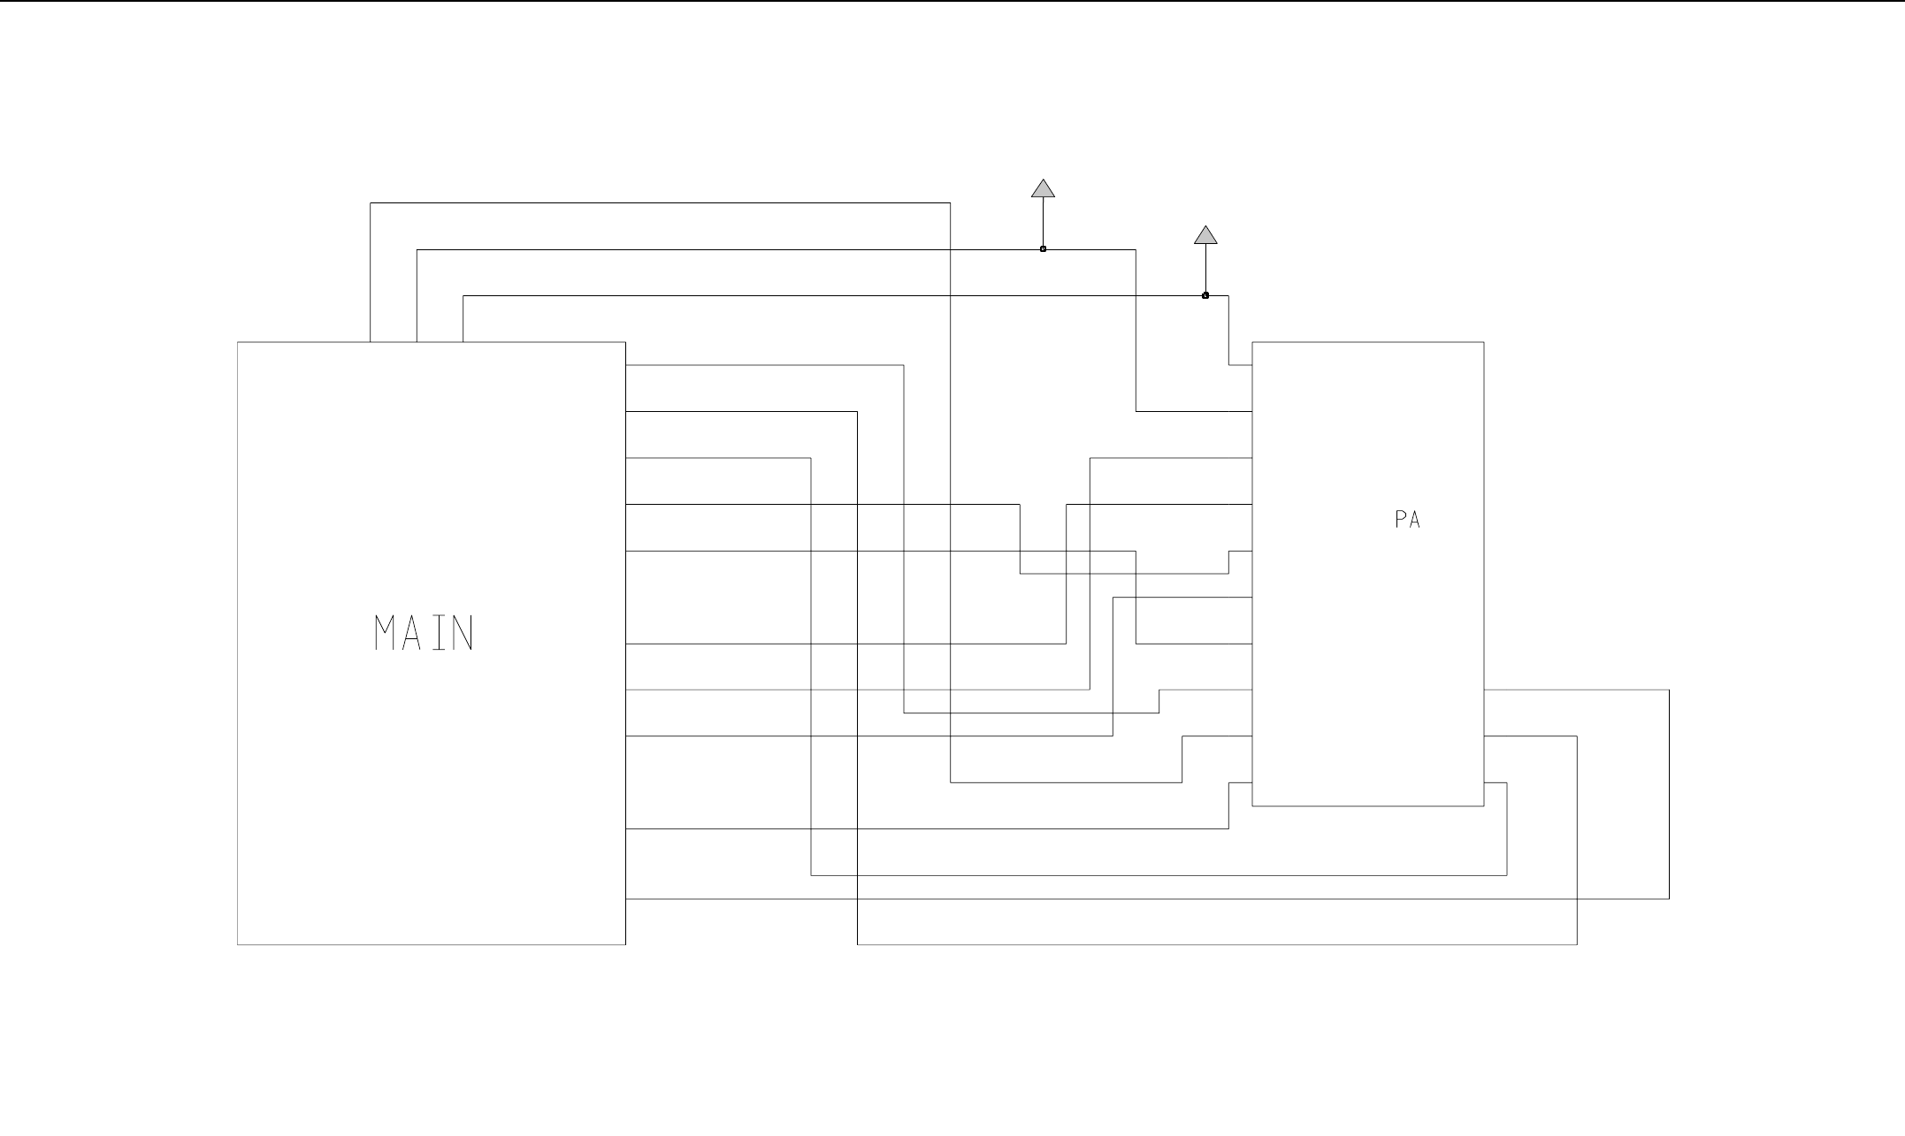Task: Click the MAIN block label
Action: point(425,633)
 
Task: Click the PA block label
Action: point(1407,520)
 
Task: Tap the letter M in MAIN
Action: point(385,633)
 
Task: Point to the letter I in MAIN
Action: point(438,633)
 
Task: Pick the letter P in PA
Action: point(1401,520)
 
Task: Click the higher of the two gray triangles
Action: point(1044,188)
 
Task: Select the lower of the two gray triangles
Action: point(1205,235)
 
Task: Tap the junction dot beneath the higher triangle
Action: point(1044,249)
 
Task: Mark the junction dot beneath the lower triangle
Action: point(1205,295)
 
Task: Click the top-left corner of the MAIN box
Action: point(238,342)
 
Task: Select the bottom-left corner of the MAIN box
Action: point(238,945)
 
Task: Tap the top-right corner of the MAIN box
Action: point(625,342)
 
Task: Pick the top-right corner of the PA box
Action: point(1484,342)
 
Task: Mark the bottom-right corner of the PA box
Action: point(1484,806)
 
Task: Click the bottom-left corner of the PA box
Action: point(1252,806)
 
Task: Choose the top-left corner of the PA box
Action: point(1252,342)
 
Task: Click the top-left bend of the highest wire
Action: point(371,203)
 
